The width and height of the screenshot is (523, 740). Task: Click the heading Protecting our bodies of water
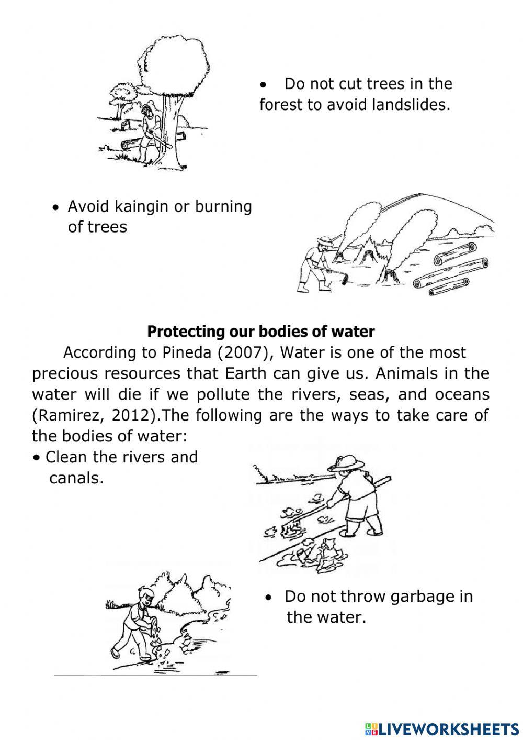[260, 332]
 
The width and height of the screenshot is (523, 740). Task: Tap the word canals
[76, 478]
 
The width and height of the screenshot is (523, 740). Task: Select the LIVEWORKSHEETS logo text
[448, 728]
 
